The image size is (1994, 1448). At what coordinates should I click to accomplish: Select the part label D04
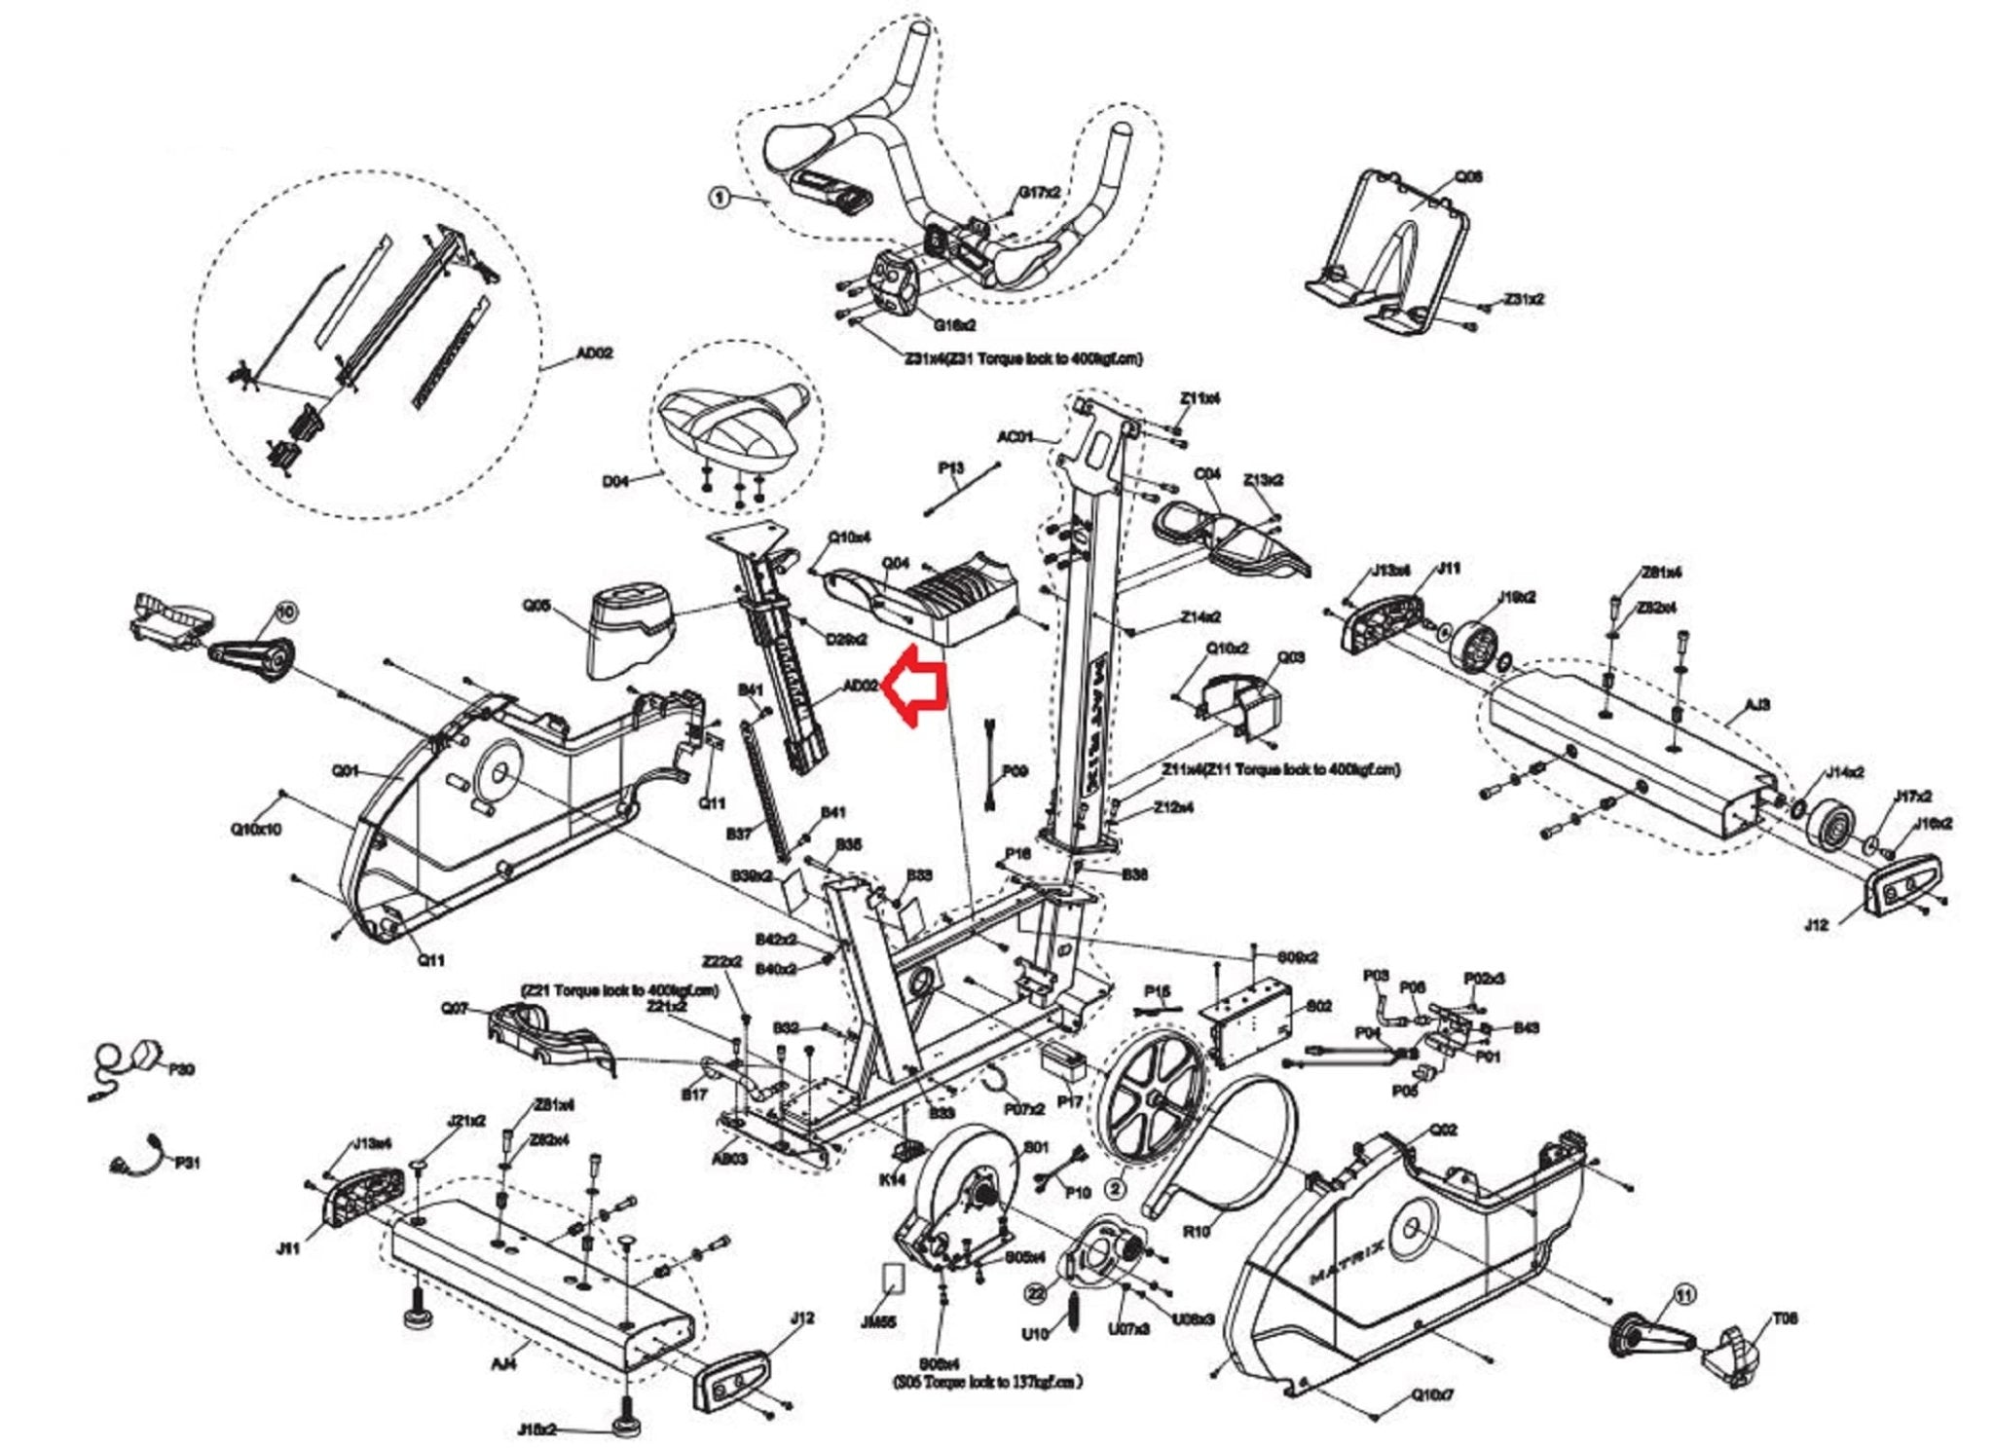615,481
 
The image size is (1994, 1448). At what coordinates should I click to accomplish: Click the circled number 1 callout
719,198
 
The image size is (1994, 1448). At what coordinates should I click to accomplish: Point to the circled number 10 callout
285,612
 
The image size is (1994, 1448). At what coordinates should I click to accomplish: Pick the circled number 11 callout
1683,1294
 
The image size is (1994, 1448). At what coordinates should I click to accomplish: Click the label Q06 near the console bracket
1468,177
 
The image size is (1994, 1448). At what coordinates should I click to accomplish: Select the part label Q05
536,606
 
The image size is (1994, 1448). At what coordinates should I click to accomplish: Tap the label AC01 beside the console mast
1015,437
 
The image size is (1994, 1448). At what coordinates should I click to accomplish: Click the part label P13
951,468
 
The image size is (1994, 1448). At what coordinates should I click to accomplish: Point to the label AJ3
1757,705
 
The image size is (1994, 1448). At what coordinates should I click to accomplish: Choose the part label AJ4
503,1364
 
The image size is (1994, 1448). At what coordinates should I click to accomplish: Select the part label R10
1196,1232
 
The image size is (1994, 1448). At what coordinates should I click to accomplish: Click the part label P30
182,1069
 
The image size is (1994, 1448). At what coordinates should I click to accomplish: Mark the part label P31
187,1163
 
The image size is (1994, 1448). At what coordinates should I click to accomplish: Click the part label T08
1785,1318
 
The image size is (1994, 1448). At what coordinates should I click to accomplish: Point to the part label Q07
455,1008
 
